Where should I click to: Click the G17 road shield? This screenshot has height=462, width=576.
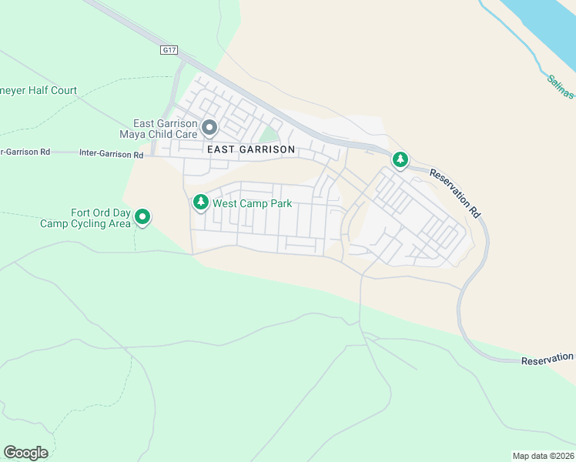point(170,50)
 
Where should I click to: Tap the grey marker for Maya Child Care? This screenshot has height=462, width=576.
point(209,128)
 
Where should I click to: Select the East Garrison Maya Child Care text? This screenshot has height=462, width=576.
point(165,129)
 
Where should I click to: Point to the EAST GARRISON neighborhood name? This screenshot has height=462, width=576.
point(250,149)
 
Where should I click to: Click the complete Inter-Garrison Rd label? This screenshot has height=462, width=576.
point(112,154)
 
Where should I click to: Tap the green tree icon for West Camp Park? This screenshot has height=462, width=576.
point(200,203)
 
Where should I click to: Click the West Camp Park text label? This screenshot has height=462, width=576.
point(253,204)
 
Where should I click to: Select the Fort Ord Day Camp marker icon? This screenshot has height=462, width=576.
point(142,217)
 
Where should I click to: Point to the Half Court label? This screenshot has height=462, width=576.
point(39,91)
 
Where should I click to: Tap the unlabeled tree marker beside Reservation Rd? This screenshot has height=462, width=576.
point(400,159)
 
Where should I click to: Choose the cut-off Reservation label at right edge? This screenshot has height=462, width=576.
point(548,360)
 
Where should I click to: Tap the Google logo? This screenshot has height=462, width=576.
point(25,453)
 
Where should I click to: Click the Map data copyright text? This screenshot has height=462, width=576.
point(544,455)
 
